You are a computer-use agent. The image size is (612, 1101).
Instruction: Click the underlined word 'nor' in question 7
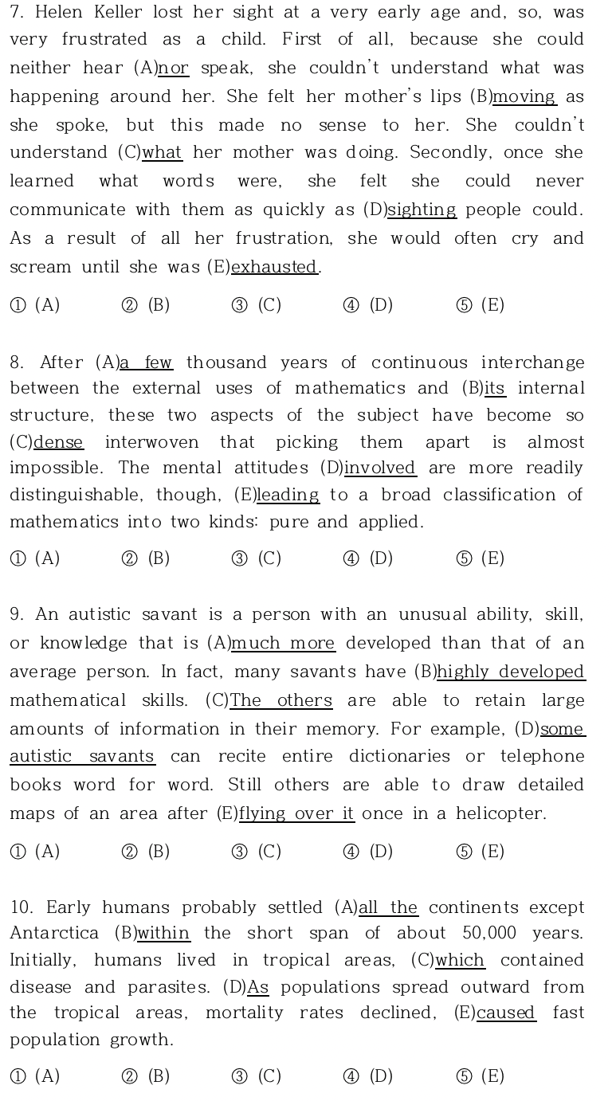tap(174, 69)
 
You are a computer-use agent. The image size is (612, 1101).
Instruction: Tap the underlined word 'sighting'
tap(422, 210)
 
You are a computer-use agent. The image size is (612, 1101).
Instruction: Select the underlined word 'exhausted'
tap(274, 268)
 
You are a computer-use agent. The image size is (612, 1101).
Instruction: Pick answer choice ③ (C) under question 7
tap(257, 306)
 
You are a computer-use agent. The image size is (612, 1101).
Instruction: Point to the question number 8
tap(18, 362)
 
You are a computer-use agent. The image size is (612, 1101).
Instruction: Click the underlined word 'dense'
tap(58, 442)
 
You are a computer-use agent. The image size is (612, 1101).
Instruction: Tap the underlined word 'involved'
tap(380, 468)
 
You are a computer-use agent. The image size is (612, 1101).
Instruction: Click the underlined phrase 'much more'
tap(284, 643)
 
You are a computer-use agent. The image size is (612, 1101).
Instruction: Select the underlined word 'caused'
tap(506, 1013)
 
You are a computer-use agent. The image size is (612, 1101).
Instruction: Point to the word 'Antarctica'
tap(54, 933)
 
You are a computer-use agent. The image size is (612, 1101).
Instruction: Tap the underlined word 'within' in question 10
tap(163, 933)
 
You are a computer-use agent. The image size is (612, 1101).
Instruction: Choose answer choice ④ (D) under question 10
tap(368, 1077)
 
